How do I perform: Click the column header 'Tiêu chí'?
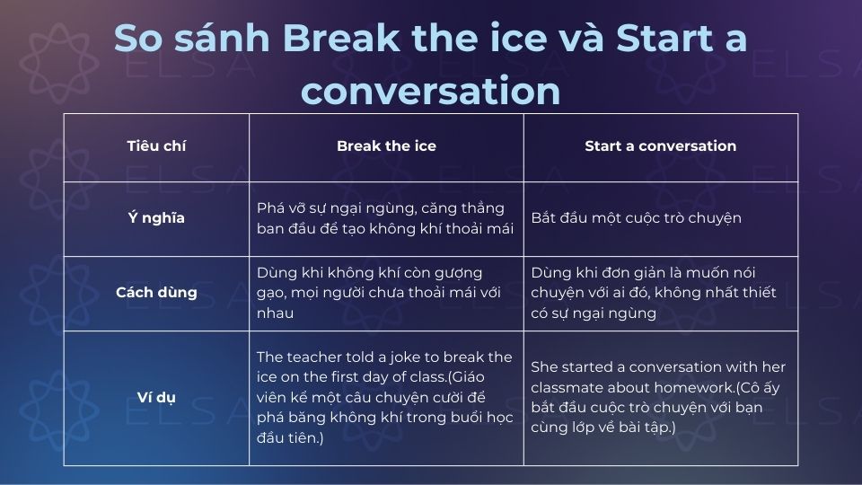point(156,145)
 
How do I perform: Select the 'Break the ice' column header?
point(386,145)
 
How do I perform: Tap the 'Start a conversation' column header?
point(660,145)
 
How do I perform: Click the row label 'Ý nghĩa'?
point(156,218)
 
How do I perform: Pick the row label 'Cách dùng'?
point(156,293)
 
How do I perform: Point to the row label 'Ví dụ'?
point(156,397)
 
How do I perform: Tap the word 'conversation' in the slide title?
point(430,90)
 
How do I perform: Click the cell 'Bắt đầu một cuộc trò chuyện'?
point(636,218)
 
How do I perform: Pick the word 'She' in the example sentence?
point(544,367)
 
